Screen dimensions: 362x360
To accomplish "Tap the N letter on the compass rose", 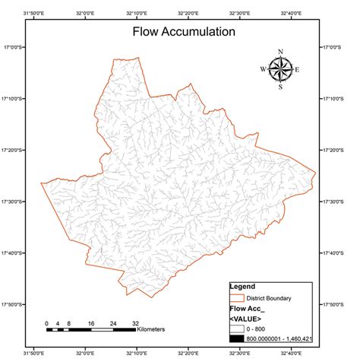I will coord(280,52).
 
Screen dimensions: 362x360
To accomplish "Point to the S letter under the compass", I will coord(280,87).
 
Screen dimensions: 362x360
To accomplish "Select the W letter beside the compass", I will coord(263,69).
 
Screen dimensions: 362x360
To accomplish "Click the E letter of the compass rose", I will coord(297,69).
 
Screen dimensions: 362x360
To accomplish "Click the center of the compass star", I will coord(280,69).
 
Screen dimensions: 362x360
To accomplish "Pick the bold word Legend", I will coord(242,287).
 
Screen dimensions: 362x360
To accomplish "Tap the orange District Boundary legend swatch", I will coord(237,298).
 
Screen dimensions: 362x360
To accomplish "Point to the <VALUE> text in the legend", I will coord(246,319).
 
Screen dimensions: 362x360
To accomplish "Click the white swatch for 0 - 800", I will coord(237,329).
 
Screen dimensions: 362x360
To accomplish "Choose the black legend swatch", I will coord(237,338).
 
